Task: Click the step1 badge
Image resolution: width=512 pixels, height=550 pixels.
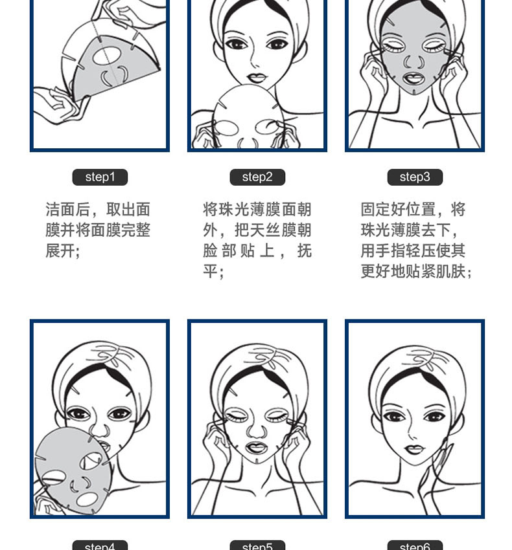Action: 100,177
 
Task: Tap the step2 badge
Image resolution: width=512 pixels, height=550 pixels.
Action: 257,177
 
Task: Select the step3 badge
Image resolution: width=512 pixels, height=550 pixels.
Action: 415,177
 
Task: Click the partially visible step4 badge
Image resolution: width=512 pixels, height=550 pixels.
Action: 100,545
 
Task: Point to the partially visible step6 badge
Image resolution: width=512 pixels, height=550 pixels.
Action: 415,545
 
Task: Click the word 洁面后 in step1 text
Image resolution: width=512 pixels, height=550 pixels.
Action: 68,210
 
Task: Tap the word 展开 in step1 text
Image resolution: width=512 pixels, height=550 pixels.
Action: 60,251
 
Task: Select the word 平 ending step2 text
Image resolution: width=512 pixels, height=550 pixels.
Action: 210,272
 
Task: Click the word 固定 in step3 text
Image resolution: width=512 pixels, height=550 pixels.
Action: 376,210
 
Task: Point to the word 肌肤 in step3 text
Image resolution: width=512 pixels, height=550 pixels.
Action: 450,272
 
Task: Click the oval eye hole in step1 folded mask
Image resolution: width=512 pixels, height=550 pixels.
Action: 107,56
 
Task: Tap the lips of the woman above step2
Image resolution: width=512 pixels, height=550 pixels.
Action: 257,77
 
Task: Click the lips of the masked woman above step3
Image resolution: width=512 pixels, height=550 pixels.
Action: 414,78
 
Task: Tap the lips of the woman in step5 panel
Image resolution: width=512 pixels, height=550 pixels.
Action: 257,447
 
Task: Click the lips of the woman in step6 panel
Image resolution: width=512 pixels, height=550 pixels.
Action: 414,449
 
